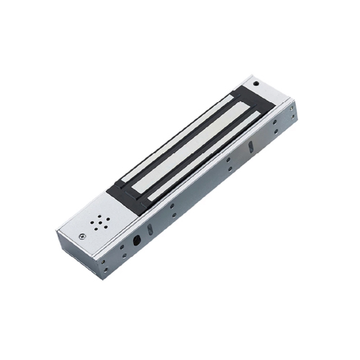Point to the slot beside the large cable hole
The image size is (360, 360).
[150, 230]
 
